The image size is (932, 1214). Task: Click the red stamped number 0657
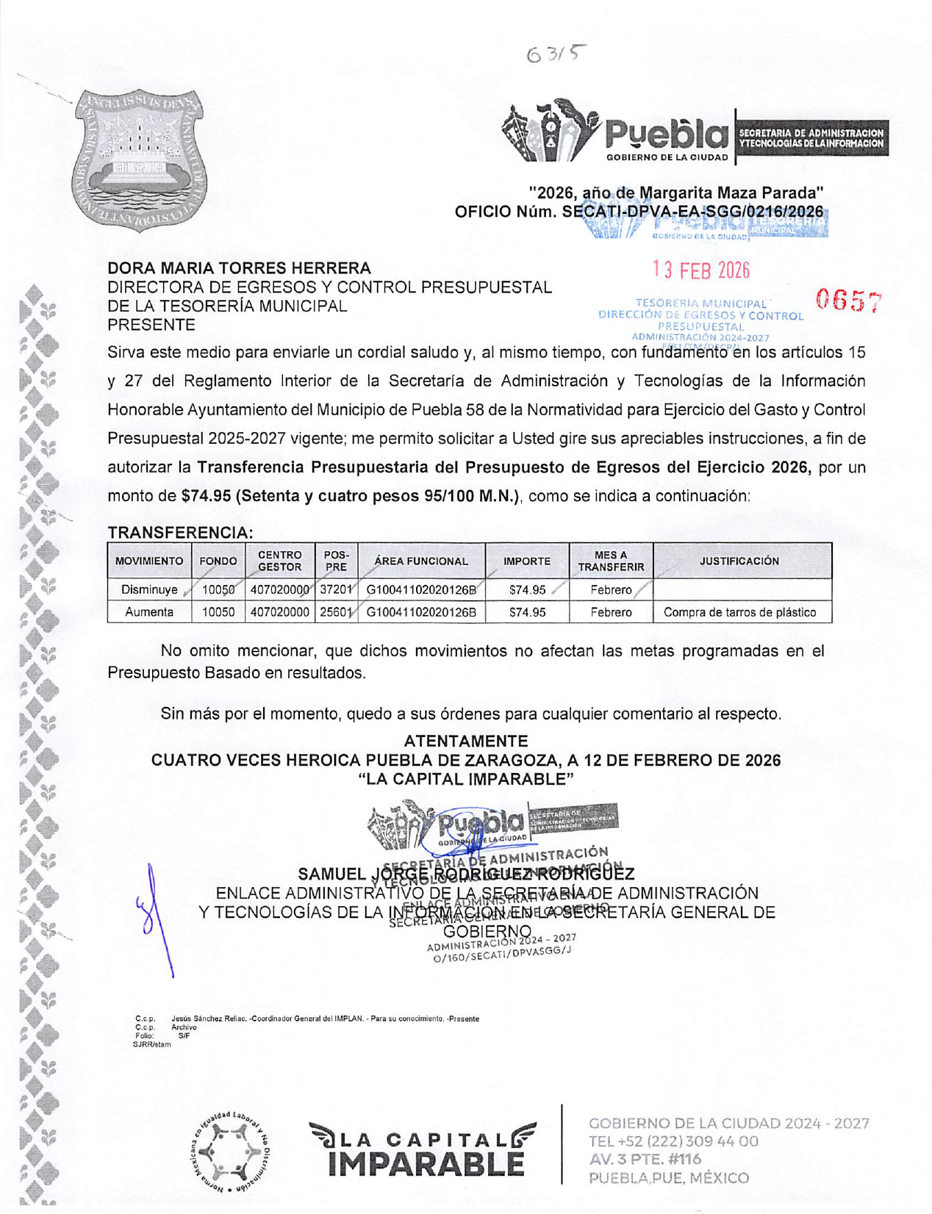[x=849, y=300]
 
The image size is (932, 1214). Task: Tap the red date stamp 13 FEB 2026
[x=701, y=270]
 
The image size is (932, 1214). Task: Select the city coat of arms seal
[x=139, y=160]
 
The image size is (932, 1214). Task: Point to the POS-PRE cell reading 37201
[x=337, y=589]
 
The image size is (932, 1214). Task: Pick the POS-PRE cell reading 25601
[x=337, y=612]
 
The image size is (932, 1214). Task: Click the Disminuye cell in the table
[x=149, y=589]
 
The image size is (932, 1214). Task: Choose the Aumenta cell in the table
[x=149, y=612]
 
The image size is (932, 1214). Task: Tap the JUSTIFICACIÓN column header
[x=739, y=561]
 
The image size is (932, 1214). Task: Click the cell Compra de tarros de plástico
[x=739, y=612]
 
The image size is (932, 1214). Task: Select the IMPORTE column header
[x=526, y=561]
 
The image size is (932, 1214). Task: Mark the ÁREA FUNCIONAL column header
[x=420, y=561]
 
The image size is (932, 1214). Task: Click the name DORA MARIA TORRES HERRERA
[x=239, y=268]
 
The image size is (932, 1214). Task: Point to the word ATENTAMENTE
[x=465, y=741]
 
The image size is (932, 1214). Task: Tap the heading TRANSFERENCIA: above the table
[x=180, y=532]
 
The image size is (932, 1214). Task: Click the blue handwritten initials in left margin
[x=152, y=915]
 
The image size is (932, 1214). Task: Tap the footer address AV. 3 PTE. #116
[x=645, y=1159]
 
